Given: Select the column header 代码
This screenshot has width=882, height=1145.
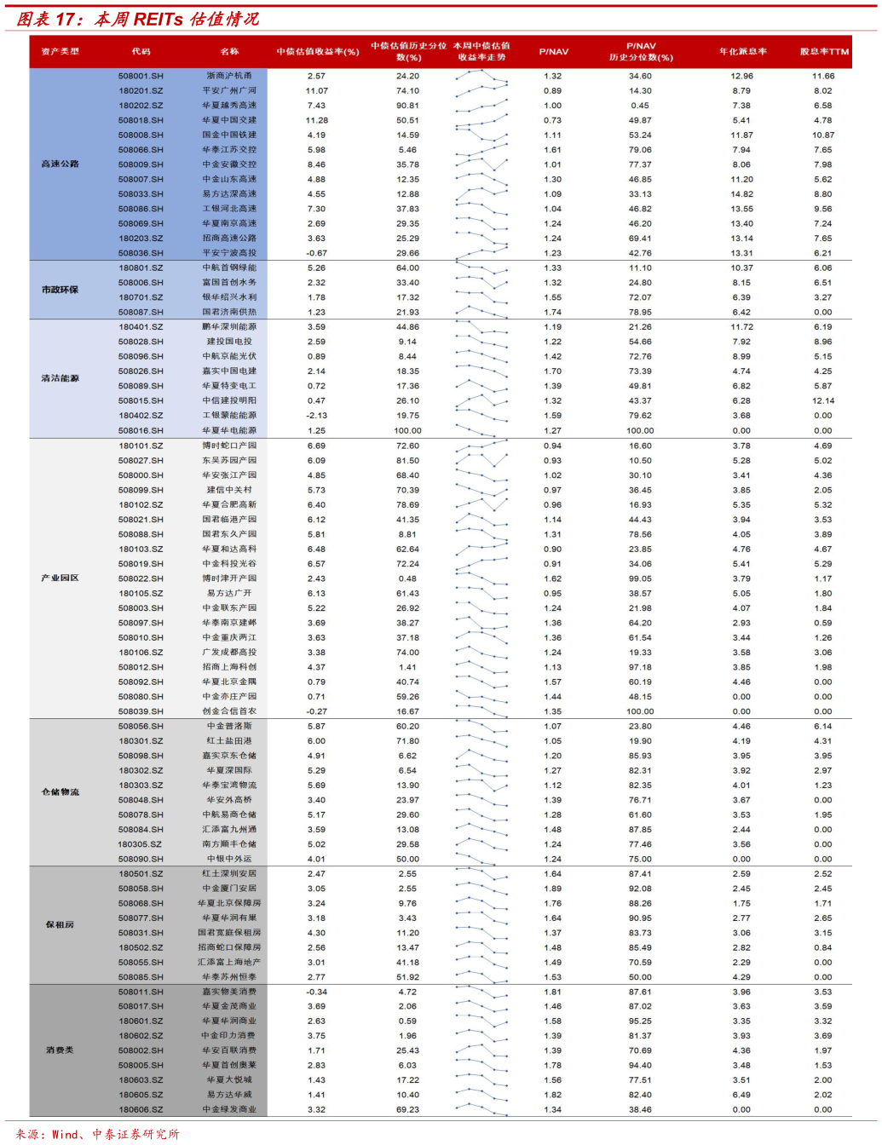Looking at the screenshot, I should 141,51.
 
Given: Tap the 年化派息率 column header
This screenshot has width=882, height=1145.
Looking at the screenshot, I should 742,51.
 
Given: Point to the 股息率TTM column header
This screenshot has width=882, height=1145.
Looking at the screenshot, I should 823,51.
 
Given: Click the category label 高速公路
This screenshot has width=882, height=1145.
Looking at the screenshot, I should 60,164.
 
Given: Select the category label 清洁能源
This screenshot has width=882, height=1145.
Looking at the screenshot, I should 60,378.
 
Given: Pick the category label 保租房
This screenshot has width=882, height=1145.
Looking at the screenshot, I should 60,924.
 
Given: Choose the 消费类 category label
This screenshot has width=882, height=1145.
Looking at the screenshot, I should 60,1050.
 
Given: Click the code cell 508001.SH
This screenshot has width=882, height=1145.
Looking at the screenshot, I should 141,76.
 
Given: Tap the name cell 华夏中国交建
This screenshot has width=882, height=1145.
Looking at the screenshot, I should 229,120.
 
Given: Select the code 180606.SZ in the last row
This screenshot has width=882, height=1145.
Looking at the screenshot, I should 141,1109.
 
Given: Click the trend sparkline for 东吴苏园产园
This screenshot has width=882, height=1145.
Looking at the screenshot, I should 481,460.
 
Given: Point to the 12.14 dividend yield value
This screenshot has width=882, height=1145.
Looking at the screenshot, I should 823,400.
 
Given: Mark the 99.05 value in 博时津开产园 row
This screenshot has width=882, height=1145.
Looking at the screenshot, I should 640,578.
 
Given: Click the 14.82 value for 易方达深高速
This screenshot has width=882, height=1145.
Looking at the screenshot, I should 741,194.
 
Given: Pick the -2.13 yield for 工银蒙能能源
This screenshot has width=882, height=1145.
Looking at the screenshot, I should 316,416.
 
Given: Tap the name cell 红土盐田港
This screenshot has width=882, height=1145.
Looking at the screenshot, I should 229,741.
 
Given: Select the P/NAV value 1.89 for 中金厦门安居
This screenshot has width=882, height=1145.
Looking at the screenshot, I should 553,889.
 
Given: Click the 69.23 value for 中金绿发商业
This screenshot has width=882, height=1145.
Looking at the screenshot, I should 407,1109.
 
